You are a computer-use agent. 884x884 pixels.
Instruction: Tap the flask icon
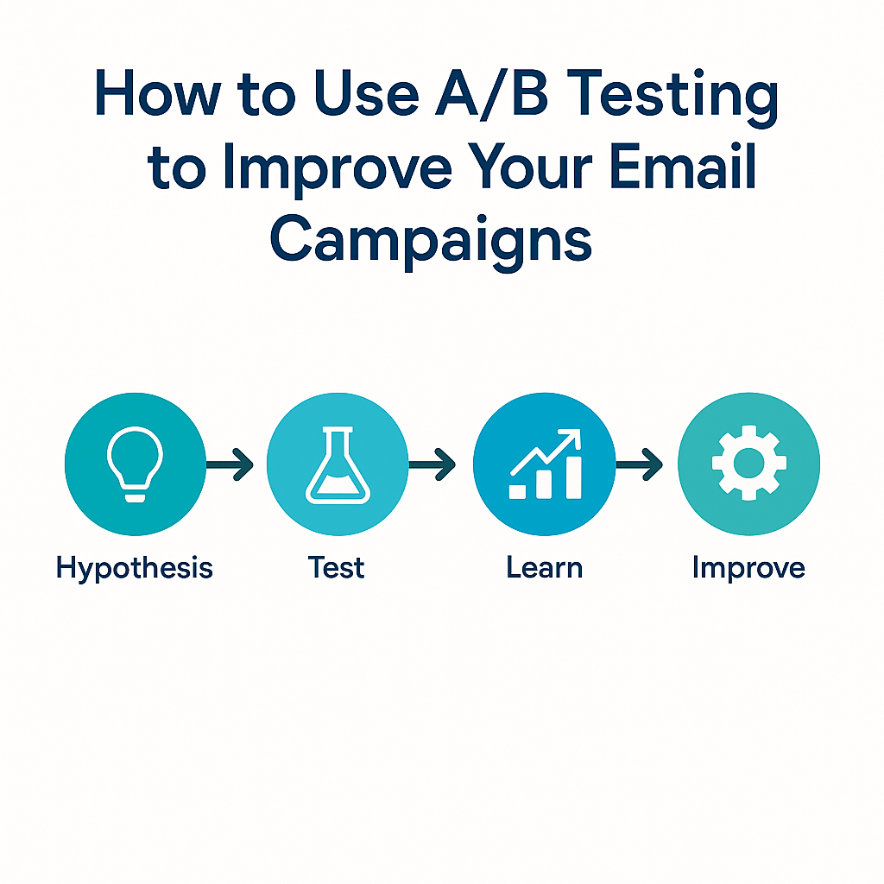click(338, 464)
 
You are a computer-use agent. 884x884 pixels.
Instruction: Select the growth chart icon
click(546, 464)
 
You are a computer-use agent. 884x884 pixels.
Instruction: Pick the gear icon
click(748, 464)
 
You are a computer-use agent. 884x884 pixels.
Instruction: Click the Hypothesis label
click(134, 567)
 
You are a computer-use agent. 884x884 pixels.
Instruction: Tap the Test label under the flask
click(336, 566)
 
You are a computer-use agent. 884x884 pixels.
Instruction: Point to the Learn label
click(545, 566)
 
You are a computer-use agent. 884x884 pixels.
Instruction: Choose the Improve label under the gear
click(748, 568)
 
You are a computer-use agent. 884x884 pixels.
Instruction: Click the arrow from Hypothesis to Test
click(230, 464)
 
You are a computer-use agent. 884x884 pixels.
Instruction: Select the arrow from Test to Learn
click(432, 464)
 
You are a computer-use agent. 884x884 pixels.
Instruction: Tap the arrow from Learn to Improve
click(639, 464)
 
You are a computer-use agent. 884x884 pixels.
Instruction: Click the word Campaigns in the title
click(432, 240)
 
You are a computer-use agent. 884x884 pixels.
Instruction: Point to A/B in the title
click(491, 94)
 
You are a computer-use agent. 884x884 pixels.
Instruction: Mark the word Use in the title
click(366, 93)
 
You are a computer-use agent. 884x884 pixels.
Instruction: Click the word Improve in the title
click(338, 169)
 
